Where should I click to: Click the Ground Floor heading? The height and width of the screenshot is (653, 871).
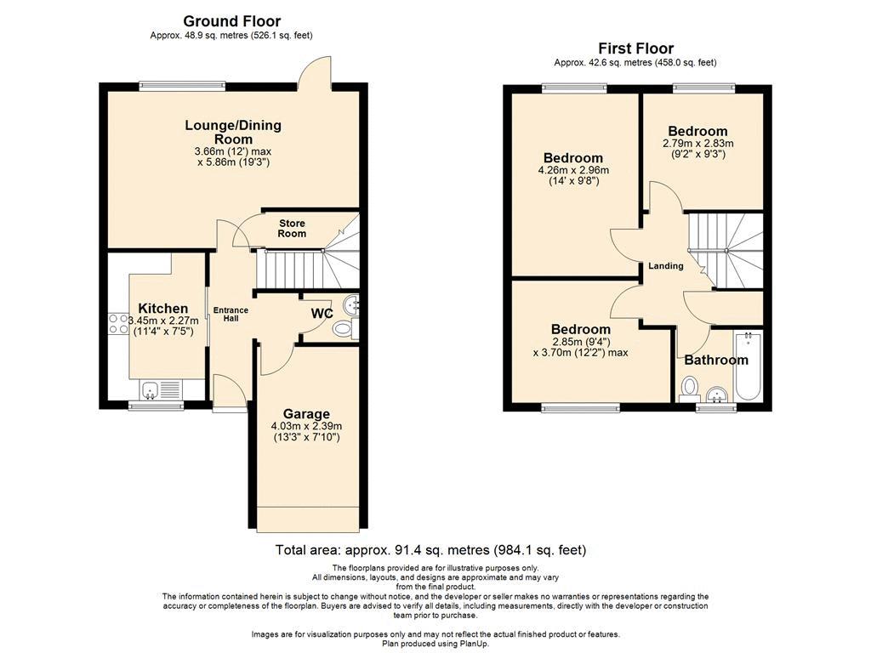[x=231, y=21]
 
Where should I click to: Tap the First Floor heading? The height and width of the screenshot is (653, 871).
[x=635, y=48]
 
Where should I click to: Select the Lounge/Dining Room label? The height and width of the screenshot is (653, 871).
[x=233, y=132]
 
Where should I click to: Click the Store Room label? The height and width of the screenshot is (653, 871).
[x=293, y=228]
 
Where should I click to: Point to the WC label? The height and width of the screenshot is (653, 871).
[x=322, y=314]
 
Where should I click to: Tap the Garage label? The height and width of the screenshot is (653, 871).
[x=306, y=414]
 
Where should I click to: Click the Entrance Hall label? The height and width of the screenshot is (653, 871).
[x=231, y=315]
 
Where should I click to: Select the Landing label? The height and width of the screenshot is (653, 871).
[x=666, y=266]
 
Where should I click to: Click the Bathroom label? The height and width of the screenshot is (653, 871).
[x=716, y=360]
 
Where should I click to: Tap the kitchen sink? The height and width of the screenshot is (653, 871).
[x=161, y=389]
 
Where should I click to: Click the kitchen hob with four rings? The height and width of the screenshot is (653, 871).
[x=118, y=324]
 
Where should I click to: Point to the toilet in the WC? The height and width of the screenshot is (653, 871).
[x=345, y=329]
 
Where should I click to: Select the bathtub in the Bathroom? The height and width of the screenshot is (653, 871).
[x=749, y=366]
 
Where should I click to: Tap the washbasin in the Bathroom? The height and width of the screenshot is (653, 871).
[x=718, y=395]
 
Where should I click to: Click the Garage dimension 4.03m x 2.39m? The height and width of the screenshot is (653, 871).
[x=306, y=426]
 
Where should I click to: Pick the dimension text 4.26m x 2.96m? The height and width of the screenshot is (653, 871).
[x=573, y=170]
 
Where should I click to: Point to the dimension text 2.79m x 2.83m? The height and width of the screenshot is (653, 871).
[x=697, y=143]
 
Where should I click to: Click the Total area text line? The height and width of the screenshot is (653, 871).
[x=430, y=550]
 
